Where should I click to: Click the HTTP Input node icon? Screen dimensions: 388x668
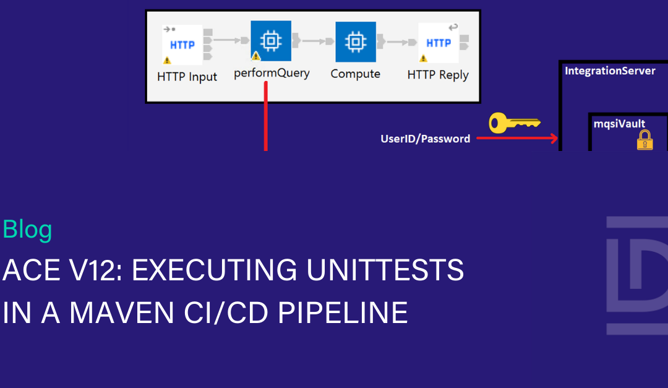click(182, 44)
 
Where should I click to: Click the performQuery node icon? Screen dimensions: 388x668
click(270, 41)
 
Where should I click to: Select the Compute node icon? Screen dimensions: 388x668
click(356, 41)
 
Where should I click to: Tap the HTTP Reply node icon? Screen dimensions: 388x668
click(439, 43)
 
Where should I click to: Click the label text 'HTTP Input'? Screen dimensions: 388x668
click(187, 77)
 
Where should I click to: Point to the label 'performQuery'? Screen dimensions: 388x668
click(272, 73)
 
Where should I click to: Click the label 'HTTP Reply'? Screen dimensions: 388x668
click(438, 75)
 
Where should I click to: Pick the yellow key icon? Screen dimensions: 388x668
click(514, 123)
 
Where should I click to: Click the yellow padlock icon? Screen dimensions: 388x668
click(645, 140)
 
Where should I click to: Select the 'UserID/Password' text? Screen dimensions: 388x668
click(425, 139)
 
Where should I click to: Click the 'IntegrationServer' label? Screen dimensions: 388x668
click(610, 71)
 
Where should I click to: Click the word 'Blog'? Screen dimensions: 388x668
click(27, 230)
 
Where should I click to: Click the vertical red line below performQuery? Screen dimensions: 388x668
click(266, 118)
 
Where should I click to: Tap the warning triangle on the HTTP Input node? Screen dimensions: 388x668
click(167, 61)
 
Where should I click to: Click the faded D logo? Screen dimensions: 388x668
click(637, 275)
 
